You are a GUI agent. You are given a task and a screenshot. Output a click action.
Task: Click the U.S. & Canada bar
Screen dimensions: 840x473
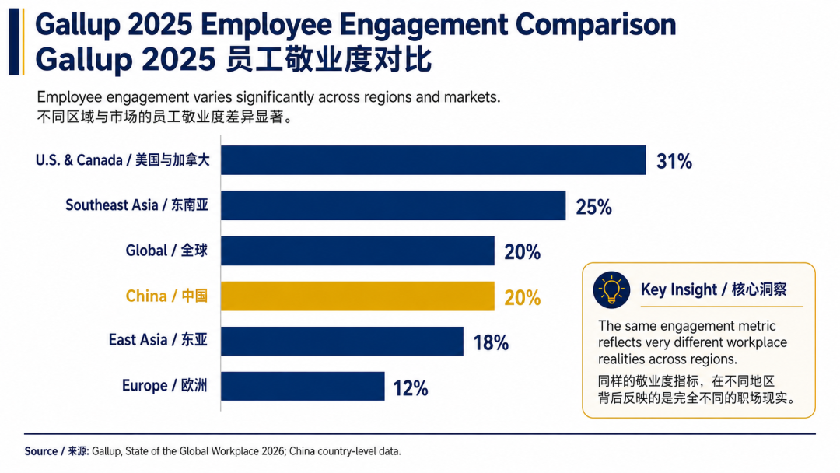433,160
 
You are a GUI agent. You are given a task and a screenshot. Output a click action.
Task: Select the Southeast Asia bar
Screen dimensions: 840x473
394,205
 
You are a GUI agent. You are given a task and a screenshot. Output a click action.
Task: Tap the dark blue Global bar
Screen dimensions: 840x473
358,251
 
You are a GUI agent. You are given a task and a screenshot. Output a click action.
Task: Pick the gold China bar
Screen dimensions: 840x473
358,296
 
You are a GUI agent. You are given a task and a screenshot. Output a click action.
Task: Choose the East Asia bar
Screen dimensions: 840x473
342,342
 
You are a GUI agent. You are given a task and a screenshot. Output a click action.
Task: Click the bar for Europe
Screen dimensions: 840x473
303,386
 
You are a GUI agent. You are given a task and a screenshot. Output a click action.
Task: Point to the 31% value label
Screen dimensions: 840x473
674,161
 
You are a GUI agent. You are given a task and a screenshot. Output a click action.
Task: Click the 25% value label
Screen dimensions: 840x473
593,207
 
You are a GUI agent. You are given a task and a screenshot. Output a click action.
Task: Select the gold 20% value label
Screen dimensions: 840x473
523,297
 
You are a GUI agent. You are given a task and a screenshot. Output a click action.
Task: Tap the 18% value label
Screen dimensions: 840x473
491,343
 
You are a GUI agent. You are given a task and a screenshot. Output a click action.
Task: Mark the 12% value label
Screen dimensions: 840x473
411,388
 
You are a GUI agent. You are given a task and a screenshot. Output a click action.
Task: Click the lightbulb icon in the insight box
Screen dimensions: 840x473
611,290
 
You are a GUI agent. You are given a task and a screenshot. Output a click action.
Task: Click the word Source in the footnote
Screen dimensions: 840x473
40,451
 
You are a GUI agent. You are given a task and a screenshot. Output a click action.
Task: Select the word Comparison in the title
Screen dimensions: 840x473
596,25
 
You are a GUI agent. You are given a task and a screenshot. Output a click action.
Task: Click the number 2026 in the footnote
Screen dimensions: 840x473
273,451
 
